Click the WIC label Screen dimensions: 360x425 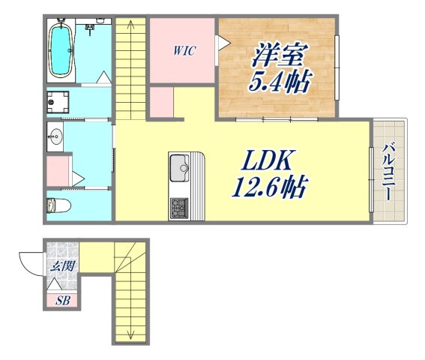[184, 51]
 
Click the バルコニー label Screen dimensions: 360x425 [388, 171]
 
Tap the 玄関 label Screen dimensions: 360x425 [60, 265]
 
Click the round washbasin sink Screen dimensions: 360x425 [55, 136]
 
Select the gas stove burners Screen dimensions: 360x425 [180, 206]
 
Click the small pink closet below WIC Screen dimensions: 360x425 [161, 103]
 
